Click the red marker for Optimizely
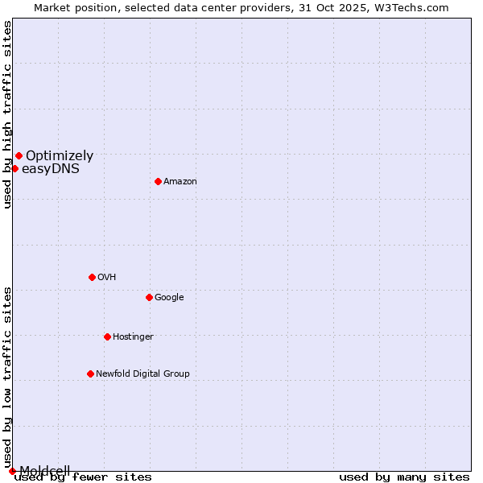19,155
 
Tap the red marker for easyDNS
14,168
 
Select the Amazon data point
158,181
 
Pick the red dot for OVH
92,277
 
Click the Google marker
149,297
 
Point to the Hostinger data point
107,336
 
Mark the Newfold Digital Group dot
90,374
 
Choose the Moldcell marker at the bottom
12,471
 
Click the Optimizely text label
60,156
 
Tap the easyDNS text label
50,169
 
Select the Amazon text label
180,182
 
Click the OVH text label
107,278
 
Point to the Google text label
169,298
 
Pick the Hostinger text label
133,337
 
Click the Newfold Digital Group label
142,374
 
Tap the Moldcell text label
45,470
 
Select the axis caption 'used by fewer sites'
83,477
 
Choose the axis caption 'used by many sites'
404,477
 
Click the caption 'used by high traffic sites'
7,114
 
